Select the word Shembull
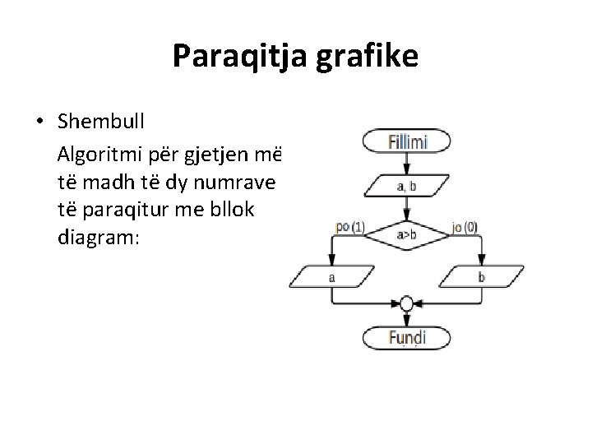coord(101,123)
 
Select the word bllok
coord(232,210)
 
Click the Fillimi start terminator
coord(406,142)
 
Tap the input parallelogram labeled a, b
coord(406,187)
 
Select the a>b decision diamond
coord(406,234)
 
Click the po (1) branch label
coord(350,227)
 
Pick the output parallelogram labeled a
coord(331,277)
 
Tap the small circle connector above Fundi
coord(406,304)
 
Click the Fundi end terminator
coord(406,337)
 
